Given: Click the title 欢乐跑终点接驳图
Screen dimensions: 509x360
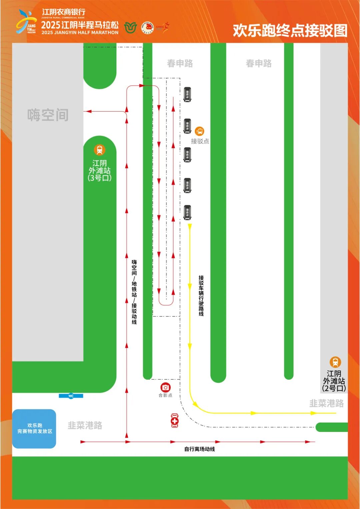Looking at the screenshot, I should coord(290,30).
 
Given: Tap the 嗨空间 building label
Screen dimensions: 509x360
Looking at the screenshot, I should coord(48,115).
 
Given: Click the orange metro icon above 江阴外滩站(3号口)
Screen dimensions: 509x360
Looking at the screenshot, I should coord(99,150).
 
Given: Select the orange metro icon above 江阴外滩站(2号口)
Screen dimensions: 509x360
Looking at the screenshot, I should coord(335,362).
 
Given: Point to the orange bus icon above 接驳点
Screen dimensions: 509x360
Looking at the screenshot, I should coord(199,131).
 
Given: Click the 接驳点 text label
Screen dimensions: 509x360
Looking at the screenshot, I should coord(200,141).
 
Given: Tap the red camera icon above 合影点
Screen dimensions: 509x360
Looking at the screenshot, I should coord(165,387).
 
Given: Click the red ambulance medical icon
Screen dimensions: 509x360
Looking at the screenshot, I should coord(175,421).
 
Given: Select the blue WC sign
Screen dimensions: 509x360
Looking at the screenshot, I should coord(71,396).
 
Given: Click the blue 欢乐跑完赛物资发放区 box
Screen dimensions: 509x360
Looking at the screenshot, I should coord(34,429).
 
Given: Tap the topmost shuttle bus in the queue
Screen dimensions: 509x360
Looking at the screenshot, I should coord(187,94).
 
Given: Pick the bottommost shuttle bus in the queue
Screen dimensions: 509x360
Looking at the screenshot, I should coord(187,212).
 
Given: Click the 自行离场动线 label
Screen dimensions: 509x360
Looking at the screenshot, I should coord(199,449).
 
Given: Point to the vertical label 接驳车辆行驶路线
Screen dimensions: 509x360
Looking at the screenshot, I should coord(201,296).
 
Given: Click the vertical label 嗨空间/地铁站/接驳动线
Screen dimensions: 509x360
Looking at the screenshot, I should coord(134,292).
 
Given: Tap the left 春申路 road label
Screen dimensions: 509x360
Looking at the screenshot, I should coord(180,63).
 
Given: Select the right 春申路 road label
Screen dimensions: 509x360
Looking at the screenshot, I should coord(259,63).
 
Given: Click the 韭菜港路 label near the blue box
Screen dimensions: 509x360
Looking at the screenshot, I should coord(85,425).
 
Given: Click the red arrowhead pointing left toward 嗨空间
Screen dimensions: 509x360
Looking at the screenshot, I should coord(88,111).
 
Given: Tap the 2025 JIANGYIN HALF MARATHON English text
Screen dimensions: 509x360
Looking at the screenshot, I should coord(80,33).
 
